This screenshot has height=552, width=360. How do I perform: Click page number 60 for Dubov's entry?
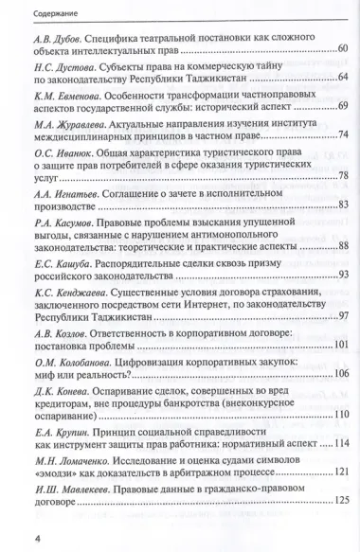click(x=342, y=48)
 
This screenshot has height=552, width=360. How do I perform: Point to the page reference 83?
click(x=342, y=228)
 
